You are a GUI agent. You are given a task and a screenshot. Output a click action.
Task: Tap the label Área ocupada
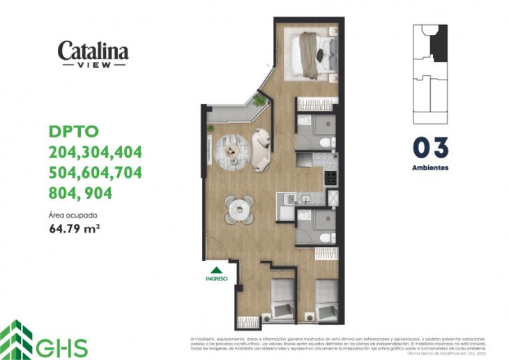[x=73, y=215]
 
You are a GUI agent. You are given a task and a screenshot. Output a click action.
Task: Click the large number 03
[x=430, y=148]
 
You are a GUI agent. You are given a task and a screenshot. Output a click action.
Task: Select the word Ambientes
[x=430, y=168]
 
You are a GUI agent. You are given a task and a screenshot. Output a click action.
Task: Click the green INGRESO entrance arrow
[x=216, y=271]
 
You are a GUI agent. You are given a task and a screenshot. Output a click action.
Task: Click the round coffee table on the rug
[x=231, y=149]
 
